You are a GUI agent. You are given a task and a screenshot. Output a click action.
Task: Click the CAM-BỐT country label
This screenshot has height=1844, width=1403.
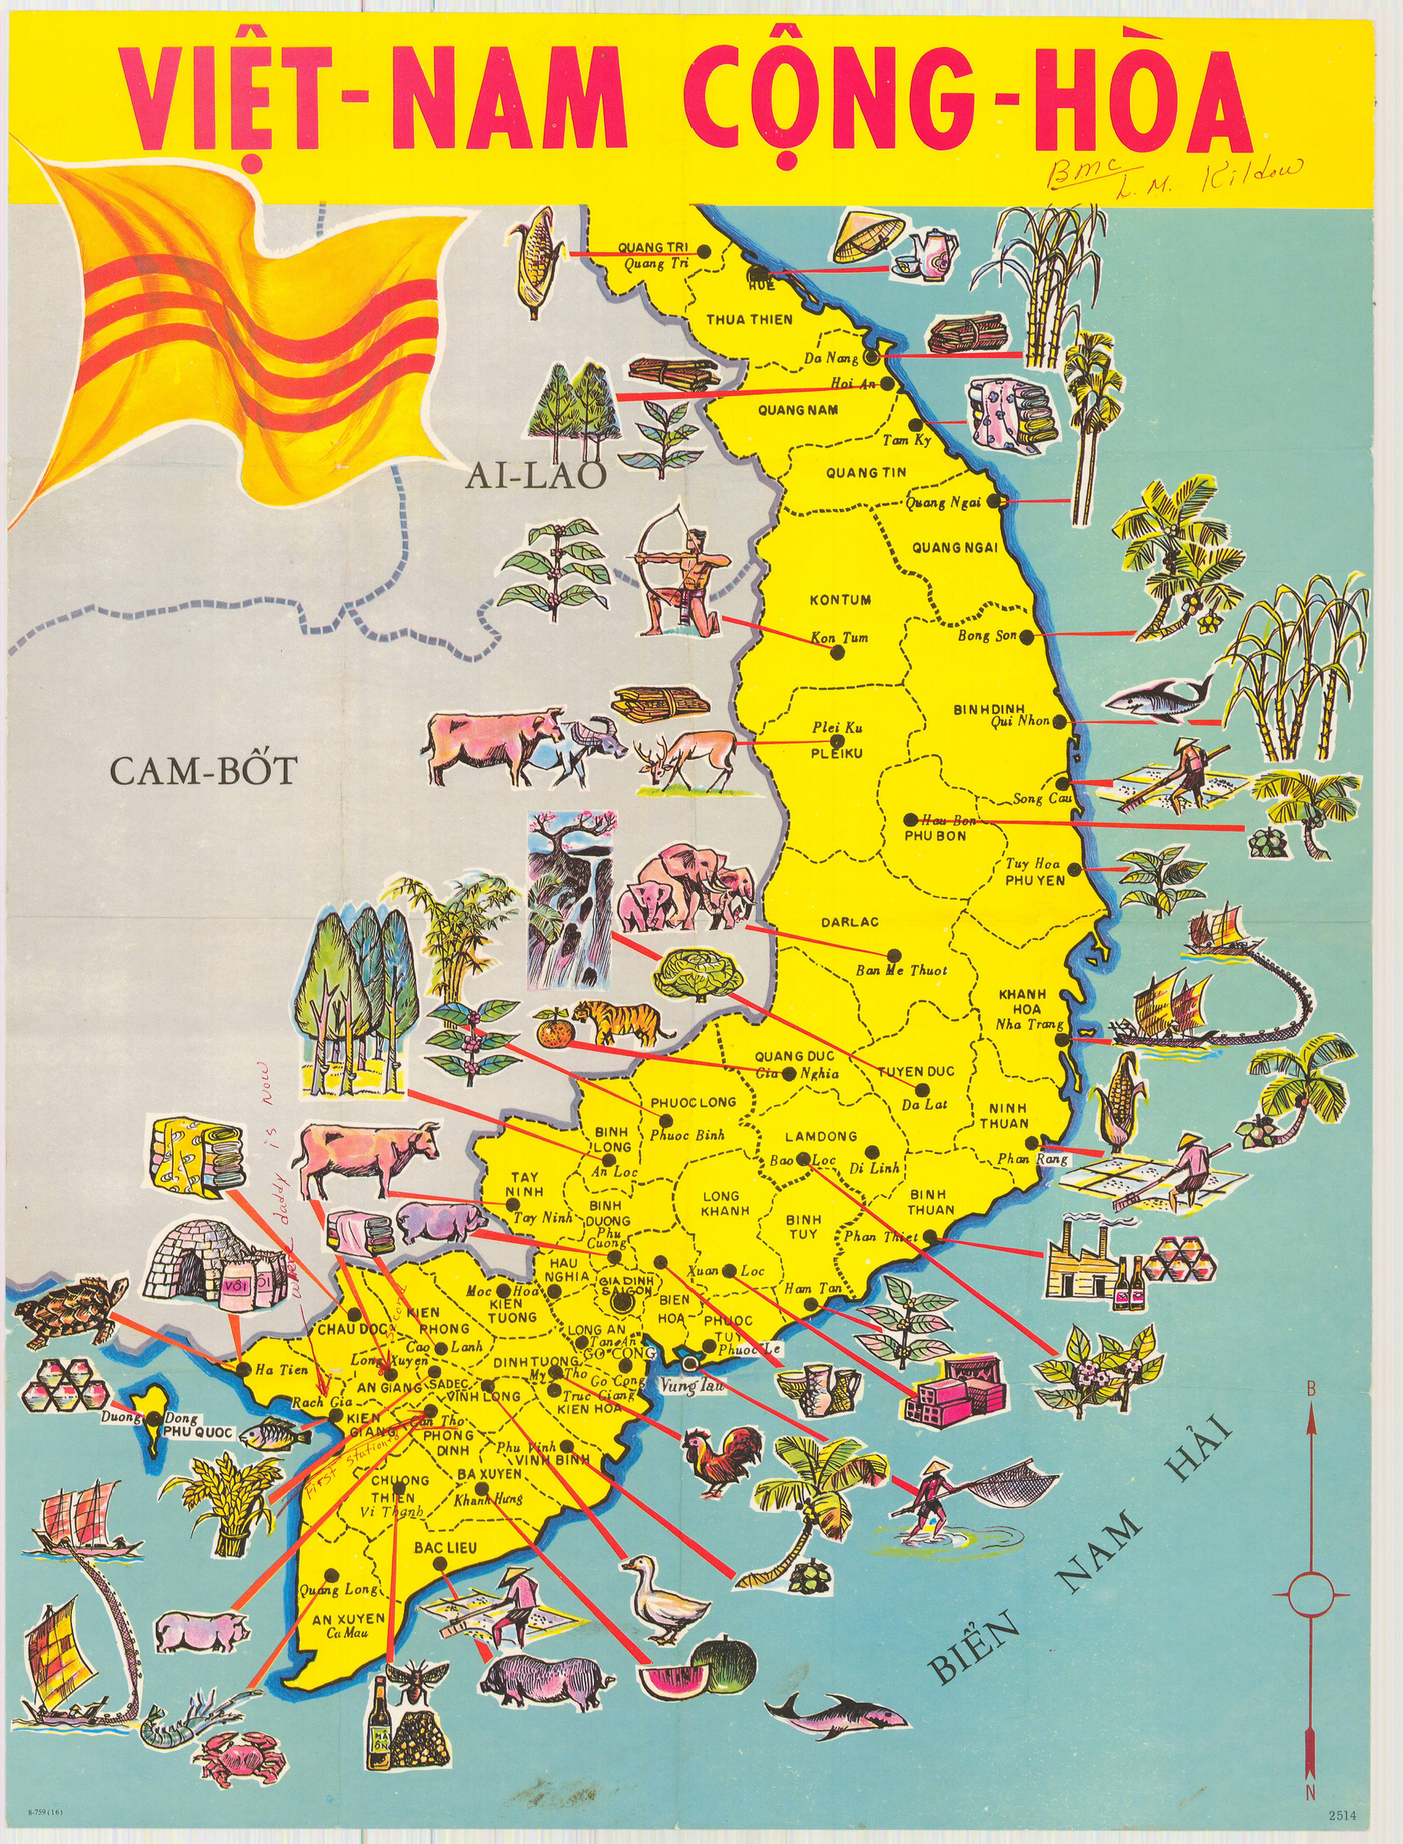point(203,769)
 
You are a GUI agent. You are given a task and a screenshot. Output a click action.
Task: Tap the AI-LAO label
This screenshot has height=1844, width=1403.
point(536,475)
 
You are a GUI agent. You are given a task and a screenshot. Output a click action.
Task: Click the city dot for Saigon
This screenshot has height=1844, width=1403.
point(619,1302)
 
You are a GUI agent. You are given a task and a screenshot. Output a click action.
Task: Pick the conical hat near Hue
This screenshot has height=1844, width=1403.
point(868,234)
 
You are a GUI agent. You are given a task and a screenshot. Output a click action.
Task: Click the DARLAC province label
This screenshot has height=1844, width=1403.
point(849,923)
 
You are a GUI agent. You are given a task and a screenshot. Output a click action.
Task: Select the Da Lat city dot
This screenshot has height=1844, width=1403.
point(922,1089)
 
